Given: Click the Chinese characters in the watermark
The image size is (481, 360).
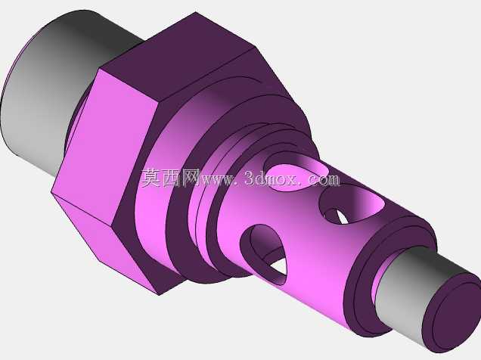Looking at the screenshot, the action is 171,178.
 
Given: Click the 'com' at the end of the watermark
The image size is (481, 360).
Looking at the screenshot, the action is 324,179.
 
